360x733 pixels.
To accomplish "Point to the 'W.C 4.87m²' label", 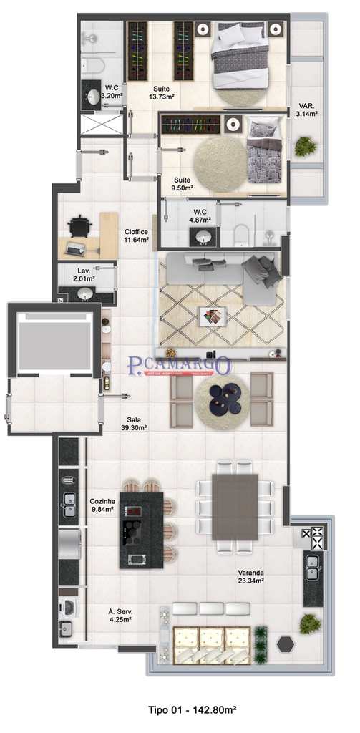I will click(200, 215).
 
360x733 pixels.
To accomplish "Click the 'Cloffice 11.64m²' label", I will click(136, 236).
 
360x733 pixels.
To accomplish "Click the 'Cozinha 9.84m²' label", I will click(102, 506).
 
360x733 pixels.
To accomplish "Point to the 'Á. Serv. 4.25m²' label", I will click(121, 616).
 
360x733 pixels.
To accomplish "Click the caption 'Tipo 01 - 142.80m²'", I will click(192, 710).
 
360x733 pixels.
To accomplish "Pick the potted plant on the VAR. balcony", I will click(306, 147).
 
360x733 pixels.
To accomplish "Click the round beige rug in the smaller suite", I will click(219, 165).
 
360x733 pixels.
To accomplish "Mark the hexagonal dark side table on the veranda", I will click(286, 643).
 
